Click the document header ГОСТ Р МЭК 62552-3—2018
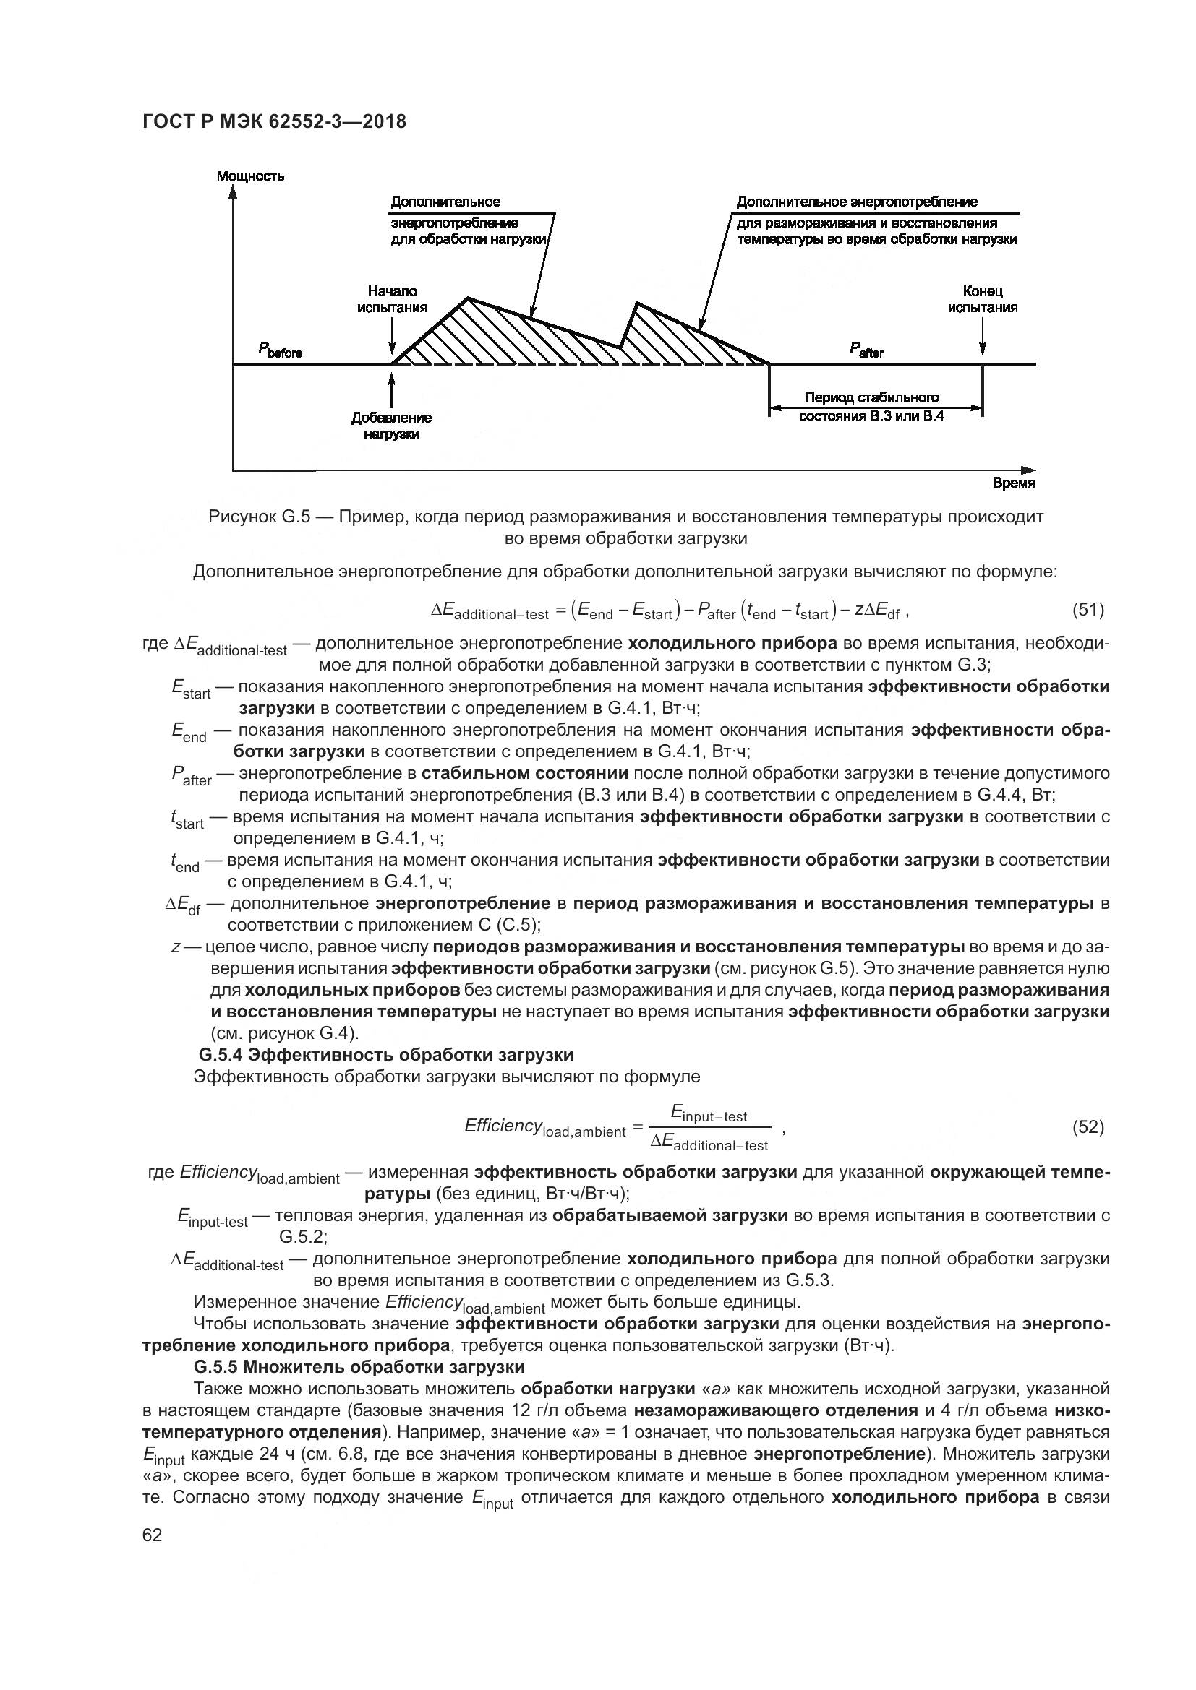tap(273, 121)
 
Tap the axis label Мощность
tap(250, 176)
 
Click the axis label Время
tap(1013, 483)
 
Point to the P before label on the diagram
tap(280, 351)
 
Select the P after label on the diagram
tap(866, 351)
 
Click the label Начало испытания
tap(392, 300)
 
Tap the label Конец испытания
tap(983, 300)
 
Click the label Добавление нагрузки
tap(391, 426)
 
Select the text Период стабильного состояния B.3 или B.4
tap(871, 406)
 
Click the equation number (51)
tap(1088, 610)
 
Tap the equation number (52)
tap(1088, 1127)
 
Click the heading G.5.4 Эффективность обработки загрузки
tap(386, 1055)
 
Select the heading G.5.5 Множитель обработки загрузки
tap(359, 1367)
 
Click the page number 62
tap(153, 1535)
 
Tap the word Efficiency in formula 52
tap(503, 1126)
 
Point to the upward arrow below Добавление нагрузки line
tap(391, 387)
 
